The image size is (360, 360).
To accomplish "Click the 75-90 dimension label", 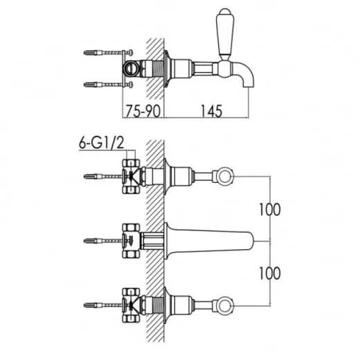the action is click(x=143, y=111).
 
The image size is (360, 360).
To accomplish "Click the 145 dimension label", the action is click(x=211, y=111).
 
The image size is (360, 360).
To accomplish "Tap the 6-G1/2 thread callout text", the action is click(x=102, y=143).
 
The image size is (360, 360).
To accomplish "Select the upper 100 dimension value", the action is click(x=270, y=210).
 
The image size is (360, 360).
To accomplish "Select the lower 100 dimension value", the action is click(x=270, y=273).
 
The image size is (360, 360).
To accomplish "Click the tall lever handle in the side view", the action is click(x=225, y=35).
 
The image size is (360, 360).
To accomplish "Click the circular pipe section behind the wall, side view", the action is click(x=130, y=68).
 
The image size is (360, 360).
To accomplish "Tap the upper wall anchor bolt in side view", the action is click(x=108, y=53).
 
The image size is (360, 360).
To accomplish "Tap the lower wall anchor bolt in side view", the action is click(x=108, y=84).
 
